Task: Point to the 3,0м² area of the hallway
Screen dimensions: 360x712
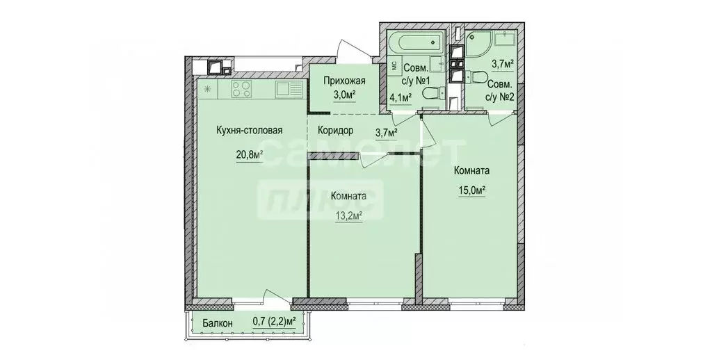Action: (345, 95)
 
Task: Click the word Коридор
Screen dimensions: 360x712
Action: (337, 130)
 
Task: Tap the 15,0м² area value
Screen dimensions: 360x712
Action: (470, 188)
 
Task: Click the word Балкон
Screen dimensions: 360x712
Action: (218, 322)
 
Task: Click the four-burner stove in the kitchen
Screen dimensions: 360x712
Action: (241, 88)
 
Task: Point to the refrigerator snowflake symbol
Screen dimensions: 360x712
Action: (207, 88)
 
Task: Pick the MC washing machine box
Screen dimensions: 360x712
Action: (391, 66)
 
